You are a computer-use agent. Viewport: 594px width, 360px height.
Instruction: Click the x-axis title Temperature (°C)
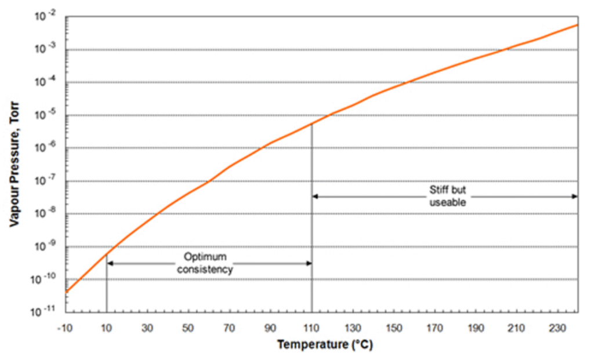pos(325,345)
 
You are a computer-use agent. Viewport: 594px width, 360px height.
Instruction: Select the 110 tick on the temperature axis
pos(312,328)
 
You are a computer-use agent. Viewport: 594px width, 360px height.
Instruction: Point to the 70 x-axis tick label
pos(230,328)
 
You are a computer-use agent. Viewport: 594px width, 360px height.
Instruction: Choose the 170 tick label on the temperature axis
pos(434,328)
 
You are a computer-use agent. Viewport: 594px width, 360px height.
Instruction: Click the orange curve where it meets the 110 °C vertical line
pos(312,123)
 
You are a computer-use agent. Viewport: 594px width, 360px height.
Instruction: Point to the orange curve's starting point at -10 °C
pos(67,292)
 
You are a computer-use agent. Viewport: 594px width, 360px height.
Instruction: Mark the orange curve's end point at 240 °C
pos(577,25)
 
